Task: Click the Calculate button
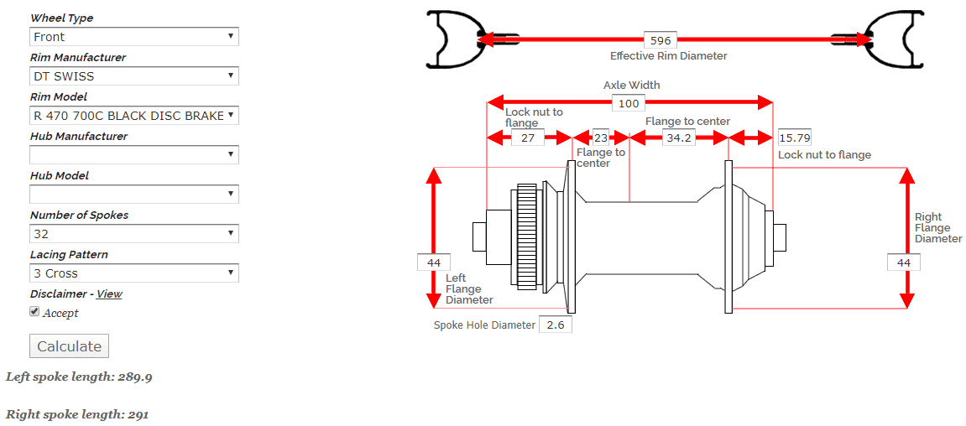pyautogui.click(x=69, y=346)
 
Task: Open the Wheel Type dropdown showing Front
pyautogui.click(x=134, y=37)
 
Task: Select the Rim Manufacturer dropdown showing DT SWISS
pyautogui.click(x=134, y=76)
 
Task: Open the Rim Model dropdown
pyautogui.click(x=134, y=116)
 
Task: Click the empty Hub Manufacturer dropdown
pyautogui.click(x=134, y=155)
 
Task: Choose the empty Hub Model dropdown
pyautogui.click(x=134, y=195)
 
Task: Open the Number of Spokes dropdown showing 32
pyautogui.click(x=134, y=234)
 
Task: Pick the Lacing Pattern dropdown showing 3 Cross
pyautogui.click(x=134, y=273)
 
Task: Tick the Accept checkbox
pyautogui.click(x=34, y=311)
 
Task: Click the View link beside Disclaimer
pyautogui.click(x=109, y=294)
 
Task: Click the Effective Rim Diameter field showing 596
pyautogui.click(x=661, y=40)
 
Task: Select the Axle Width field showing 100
pyautogui.click(x=628, y=103)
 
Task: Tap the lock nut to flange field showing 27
pyautogui.click(x=527, y=138)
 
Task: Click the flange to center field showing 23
pyautogui.click(x=601, y=138)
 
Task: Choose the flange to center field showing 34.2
pyautogui.click(x=678, y=138)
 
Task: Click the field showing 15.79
pyautogui.click(x=794, y=138)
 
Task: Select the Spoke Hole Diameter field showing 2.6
pyautogui.click(x=555, y=325)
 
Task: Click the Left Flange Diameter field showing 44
pyautogui.click(x=434, y=262)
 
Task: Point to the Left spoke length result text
pyautogui.click(x=79, y=377)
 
